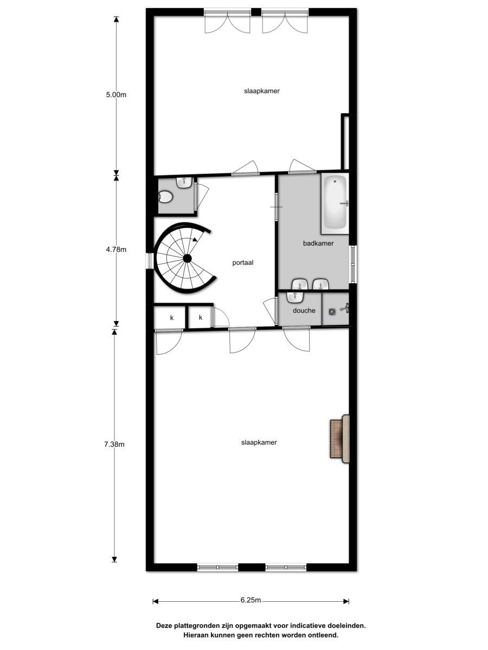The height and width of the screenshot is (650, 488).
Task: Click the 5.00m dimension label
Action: point(116,95)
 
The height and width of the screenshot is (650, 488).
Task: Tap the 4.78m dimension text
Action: point(116,250)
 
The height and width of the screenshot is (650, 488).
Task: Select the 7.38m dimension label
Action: point(114,444)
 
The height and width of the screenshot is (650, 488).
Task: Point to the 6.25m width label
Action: point(251,600)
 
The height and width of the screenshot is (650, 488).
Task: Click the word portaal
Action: point(243,263)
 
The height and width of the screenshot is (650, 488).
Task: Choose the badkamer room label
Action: point(318,243)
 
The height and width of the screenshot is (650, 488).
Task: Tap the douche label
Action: point(304,310)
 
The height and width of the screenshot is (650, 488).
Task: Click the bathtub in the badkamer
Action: point(335,204)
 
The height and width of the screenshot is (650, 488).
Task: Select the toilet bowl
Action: point(165,197)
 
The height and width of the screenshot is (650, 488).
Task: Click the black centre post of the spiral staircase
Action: point(187,258)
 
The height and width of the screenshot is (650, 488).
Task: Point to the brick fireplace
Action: point(340,439)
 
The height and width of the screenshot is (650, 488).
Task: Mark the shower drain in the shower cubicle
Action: point(332,311)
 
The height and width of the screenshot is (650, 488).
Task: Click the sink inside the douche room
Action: point(295,297)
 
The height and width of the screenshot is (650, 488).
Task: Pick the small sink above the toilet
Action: point(184,183)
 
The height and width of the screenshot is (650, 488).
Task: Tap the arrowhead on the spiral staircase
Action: point(195,239)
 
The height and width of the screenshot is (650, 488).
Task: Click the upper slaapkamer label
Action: point(262,91)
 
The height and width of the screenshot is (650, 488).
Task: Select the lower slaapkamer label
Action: point(259,443)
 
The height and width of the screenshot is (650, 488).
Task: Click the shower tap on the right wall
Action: point(345,308)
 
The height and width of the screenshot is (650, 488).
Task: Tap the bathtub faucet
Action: point(344,203)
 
